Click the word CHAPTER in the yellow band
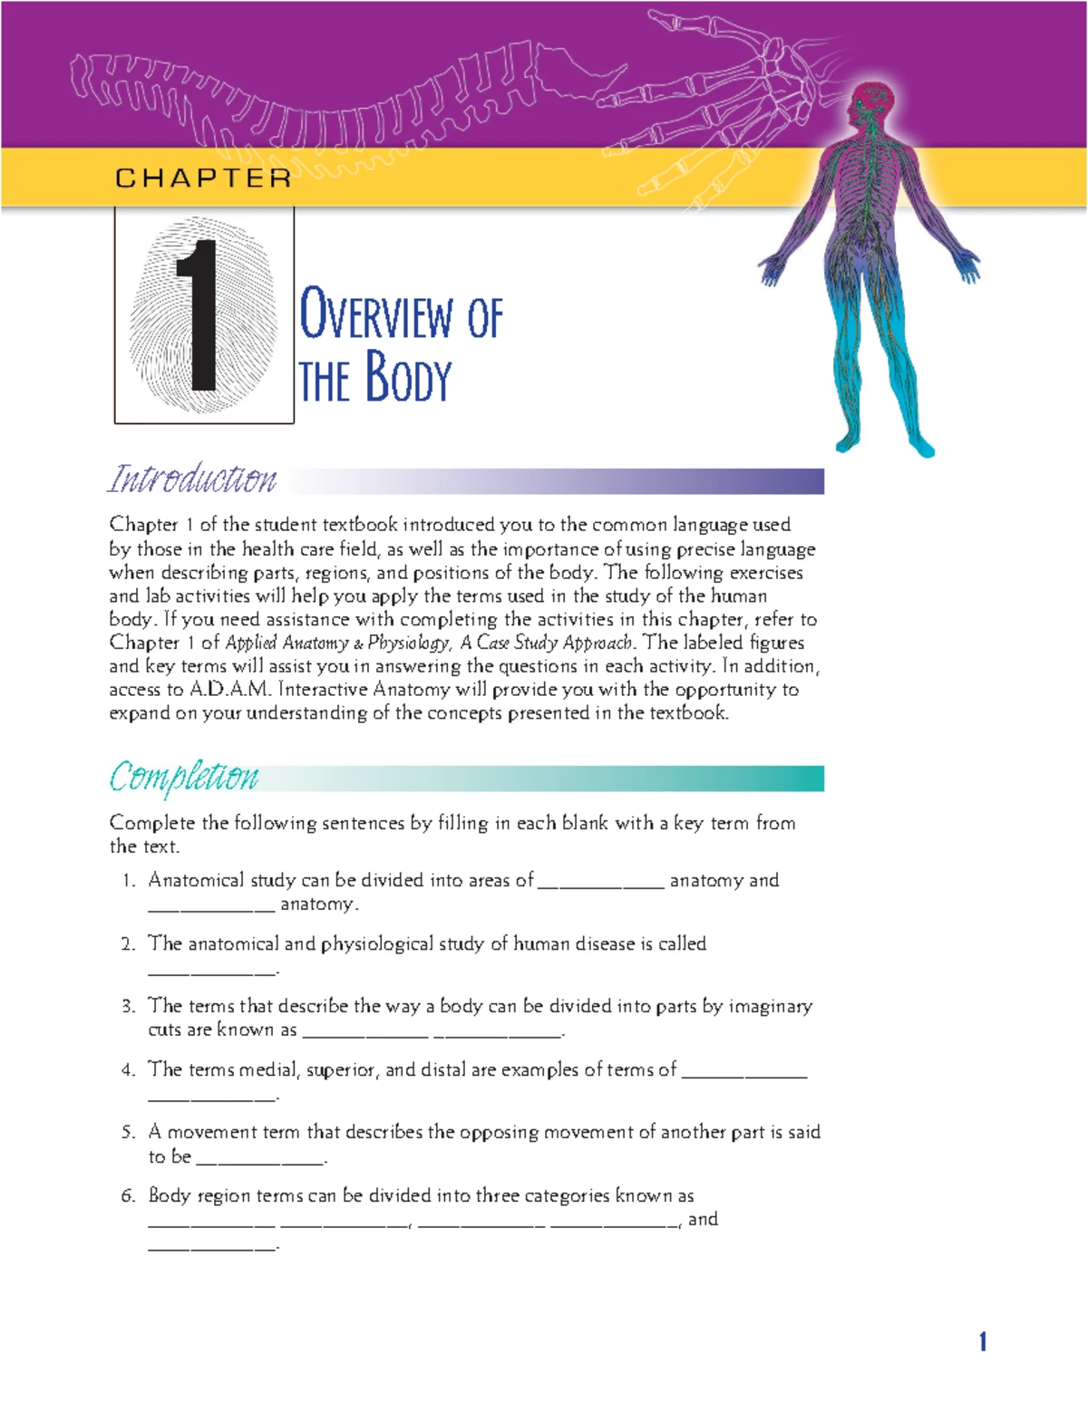coord(203,178)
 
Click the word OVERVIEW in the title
coord(376,316)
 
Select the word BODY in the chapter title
coord(408,379)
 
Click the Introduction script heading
coord(192,479)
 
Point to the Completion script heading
coord(184,777)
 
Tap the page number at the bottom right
coord(982,1341)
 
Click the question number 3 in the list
coord(128,1006)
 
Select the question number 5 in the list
coord(128,1132)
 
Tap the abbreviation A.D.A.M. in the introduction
coord(230,690)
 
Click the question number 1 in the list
coord(128,880)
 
